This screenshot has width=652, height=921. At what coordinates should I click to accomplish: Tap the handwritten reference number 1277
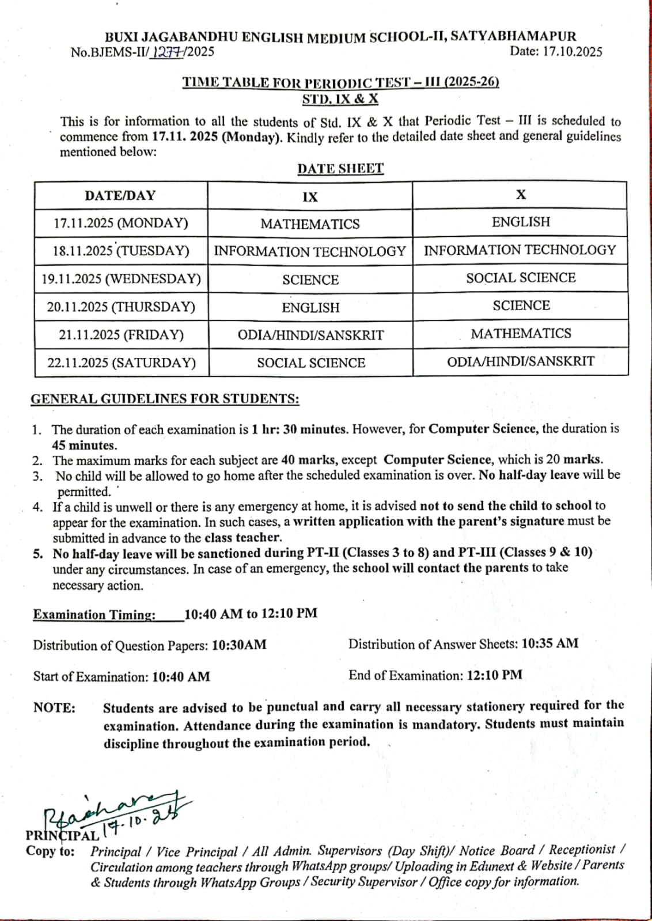click(x=167, y=52)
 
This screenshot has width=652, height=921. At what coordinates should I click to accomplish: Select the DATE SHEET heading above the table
click(x=340, y=169)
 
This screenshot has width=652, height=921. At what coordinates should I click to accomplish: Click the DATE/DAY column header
click(x=120, y=196)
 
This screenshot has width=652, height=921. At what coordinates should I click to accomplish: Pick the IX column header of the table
click(x=310, y=197)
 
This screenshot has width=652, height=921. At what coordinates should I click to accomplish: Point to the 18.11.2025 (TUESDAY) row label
click(x=121, y=251)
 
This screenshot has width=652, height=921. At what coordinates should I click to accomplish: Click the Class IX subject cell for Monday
click(x=310, y=224)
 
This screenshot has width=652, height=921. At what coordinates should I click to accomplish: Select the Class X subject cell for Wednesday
click(x=521, y=278)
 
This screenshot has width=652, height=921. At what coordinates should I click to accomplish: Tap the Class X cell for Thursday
click(x=521, y=306)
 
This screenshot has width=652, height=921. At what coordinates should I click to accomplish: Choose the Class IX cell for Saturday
click(x=311, y=363)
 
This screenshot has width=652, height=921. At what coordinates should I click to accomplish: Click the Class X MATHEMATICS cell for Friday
click(x=521, y=334)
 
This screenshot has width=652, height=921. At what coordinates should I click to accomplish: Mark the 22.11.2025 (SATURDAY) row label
click(x=122, y=363)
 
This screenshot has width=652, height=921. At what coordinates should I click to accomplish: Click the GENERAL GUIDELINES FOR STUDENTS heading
click(x=165, y=399)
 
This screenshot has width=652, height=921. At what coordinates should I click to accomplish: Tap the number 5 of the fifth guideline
click(x=37, y=553)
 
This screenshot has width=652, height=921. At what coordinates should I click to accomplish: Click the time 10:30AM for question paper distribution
click(x=239, y=645)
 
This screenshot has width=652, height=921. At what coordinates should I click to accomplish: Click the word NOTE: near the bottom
click(x=54, y=708)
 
